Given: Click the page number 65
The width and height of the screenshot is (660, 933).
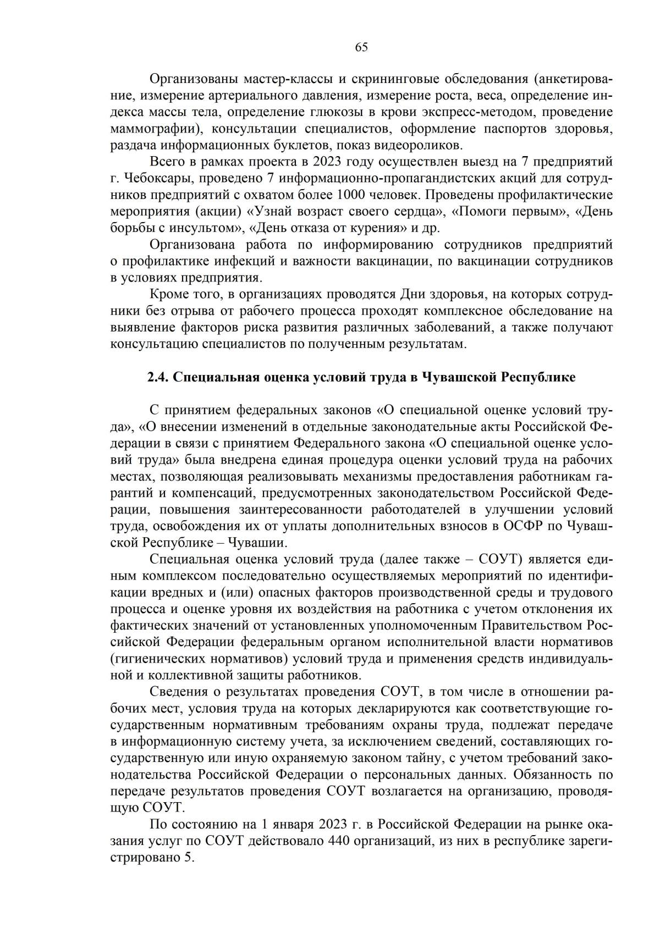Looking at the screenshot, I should [361, 47].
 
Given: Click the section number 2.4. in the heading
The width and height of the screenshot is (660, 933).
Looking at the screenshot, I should [159, 377].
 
